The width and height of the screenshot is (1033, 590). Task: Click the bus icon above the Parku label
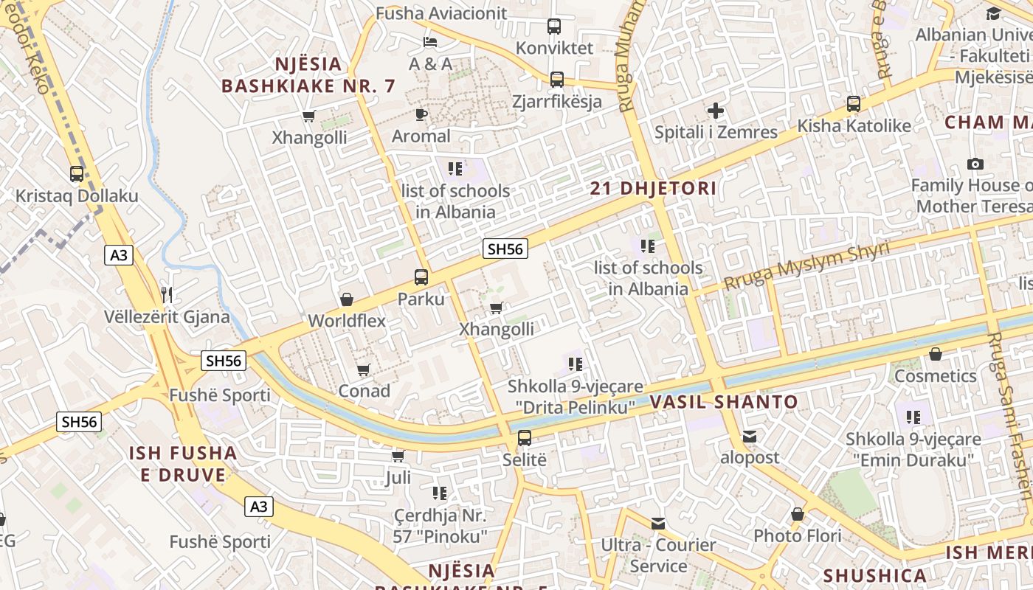click(x=421, y=277)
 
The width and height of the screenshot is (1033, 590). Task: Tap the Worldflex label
click(x=347, y=321)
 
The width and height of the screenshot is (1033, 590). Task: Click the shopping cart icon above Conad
click(x=363, y=369)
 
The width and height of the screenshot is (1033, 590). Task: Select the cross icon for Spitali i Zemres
click(x=715, y=111)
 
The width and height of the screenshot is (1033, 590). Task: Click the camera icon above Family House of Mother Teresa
click(x=975, y=164)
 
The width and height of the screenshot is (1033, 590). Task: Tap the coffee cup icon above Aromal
click(x=421, y=114)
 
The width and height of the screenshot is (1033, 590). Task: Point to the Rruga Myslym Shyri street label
click(x=806, y=265)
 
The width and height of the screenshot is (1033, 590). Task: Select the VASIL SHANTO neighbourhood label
click(x=724, y=402)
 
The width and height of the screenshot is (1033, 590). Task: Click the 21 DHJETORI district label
click(x=653, y=188)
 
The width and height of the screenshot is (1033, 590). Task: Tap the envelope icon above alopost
click(x=750, y=437)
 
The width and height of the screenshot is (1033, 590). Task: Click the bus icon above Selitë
click(x=525, y=438)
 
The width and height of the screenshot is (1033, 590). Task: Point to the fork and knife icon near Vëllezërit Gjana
click(x=167, y=295)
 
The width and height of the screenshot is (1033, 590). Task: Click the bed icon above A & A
click(x=430, y=42)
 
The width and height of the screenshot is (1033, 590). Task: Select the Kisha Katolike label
click(x=854, y=126)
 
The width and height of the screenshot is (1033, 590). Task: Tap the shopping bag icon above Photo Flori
click(x=798, y=514)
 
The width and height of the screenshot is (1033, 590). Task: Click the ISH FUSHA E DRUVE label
click(x=183, y=464)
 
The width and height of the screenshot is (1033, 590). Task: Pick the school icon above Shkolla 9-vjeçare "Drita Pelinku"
click(x=576, y=364)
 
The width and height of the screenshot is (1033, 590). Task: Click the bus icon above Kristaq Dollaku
click(x=77, y=174)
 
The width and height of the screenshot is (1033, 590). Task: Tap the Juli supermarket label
click(x=398, y=479)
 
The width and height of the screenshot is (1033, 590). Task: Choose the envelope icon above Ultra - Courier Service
click(x=658, y=524)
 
